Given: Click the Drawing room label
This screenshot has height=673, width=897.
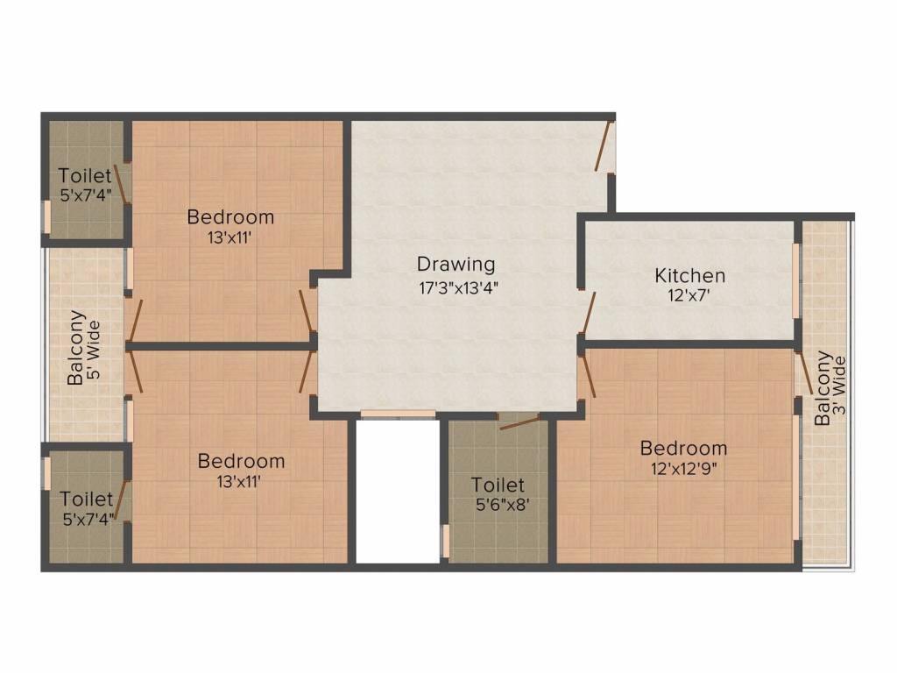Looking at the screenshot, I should tap(456, 264).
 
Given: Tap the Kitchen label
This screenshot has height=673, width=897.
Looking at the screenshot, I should tap(690, 276).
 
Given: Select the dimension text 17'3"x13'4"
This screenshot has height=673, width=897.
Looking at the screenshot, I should tap(459, 286).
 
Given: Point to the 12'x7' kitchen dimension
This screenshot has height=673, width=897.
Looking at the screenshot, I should tap(689, 296).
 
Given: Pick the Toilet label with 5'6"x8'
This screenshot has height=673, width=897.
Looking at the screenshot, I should tap(498, 485).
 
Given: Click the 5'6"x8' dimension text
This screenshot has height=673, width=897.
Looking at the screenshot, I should tap(499, 504).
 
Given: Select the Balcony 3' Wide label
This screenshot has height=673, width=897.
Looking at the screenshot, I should tap(829, 388).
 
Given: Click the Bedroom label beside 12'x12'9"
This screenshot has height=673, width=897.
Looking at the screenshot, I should tap(683, 449).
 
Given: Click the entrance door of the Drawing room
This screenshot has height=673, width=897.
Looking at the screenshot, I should tap(604, 147).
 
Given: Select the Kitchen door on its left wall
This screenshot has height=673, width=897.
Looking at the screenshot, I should tap(588, 313).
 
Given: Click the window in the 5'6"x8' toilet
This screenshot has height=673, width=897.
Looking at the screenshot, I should tap(446, 542).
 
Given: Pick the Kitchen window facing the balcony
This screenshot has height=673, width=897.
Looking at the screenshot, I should tap(795, 280).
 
